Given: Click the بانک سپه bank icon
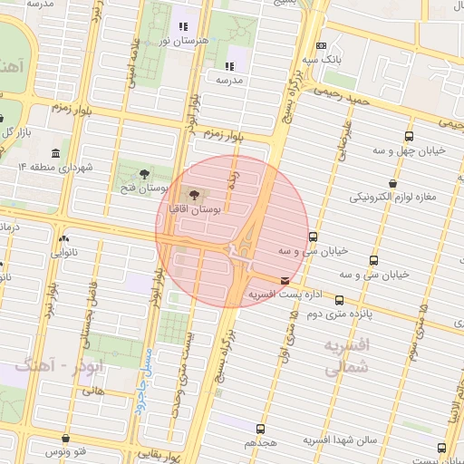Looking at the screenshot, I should tap(320, 46).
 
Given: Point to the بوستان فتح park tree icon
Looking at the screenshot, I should tap(145, 173).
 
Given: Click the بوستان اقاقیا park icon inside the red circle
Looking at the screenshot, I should tap(194, 193).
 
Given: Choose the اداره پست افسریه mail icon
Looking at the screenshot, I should tap(286, 281).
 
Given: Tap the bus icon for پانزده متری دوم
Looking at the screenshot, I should tap(341, 298).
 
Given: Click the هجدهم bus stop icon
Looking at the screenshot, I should tap(261, 428).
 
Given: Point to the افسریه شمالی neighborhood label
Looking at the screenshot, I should tap(345, 357).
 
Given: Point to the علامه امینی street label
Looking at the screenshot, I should tap(134, 62).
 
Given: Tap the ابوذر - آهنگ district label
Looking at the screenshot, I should tap(60, 366).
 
